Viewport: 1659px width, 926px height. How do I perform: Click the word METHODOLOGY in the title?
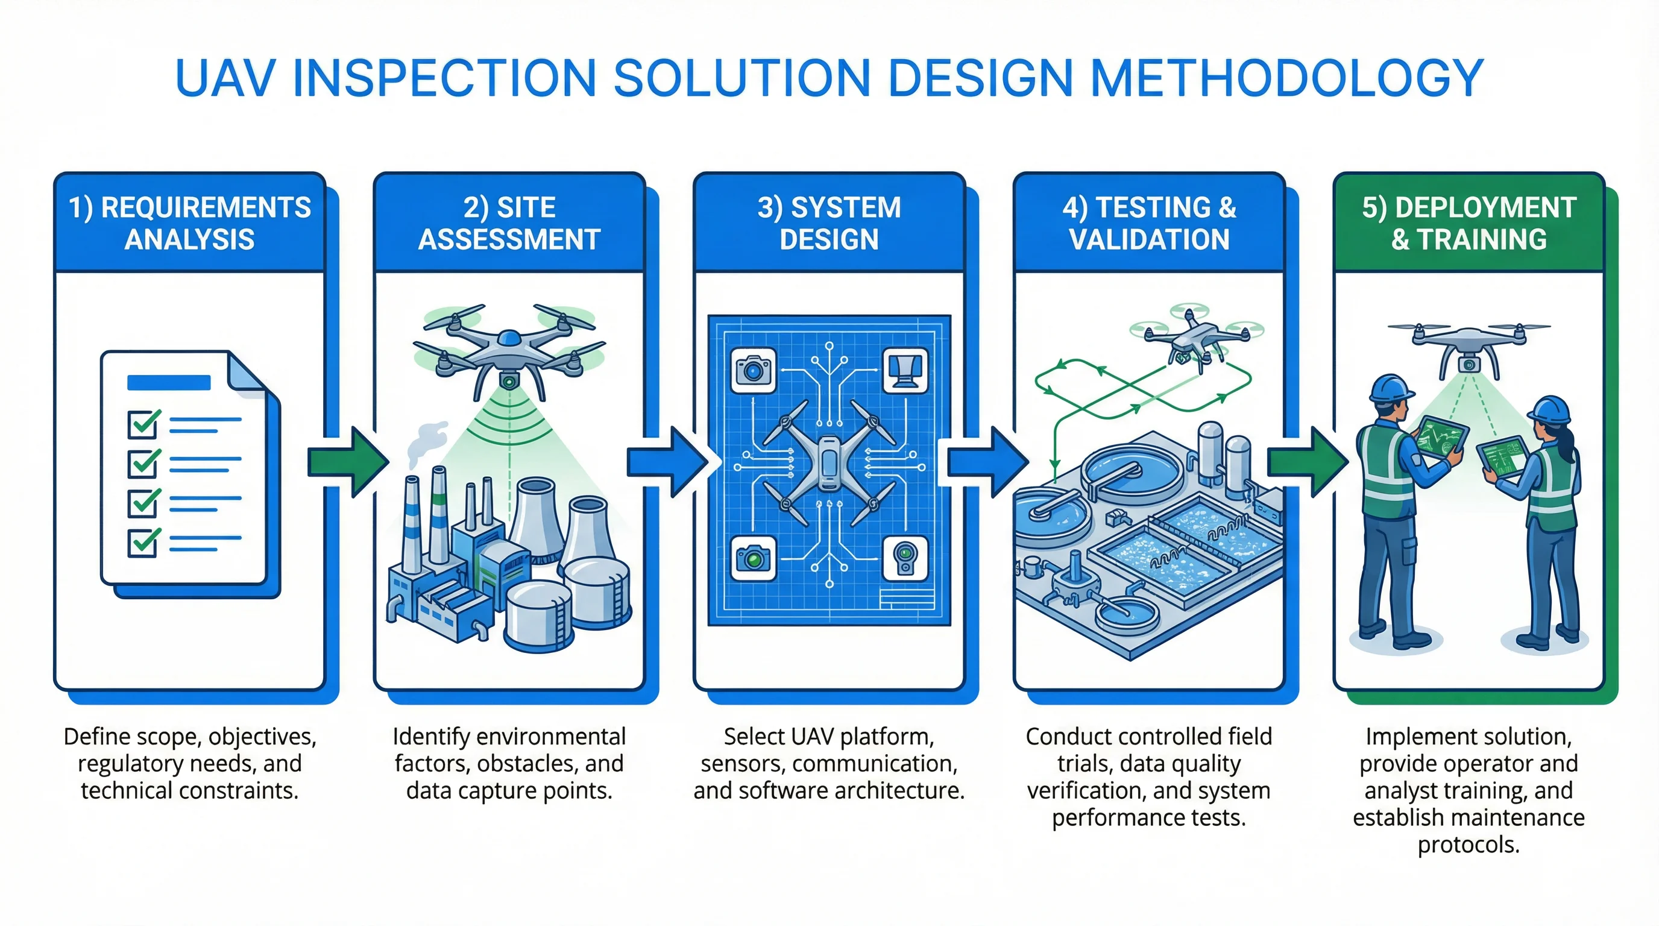(x=1287, y=78)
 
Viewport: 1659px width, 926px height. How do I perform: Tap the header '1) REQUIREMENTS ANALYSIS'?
(x=189, y=223)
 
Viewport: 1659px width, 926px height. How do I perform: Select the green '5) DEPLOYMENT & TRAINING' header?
(x=1469, y=223)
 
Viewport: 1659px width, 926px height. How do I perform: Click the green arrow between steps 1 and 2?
(x=348, y=462)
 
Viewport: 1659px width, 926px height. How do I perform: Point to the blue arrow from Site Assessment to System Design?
(x=667, y=462)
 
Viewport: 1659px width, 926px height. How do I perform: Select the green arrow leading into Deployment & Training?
(x=1308, y=462)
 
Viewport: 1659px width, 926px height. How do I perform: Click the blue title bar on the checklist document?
(x=169, y=382)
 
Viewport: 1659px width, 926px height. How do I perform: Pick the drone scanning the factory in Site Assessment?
(x=509, y=351)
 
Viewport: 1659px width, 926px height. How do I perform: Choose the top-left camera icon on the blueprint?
(x=753, y=370)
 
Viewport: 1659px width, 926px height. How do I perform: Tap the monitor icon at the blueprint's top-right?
(x=905, y=370)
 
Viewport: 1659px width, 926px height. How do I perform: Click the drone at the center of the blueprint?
(x=829, y=462)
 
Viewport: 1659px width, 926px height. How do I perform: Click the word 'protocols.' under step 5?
(x=1469, y=844)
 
